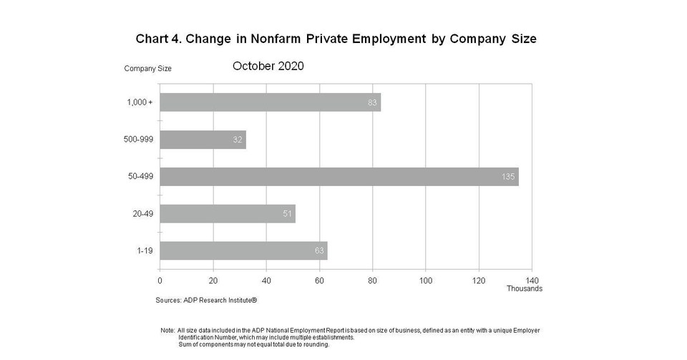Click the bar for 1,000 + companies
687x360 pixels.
270,102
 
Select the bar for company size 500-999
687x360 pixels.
203,140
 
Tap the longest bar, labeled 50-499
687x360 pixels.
338,177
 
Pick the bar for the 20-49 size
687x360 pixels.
227,214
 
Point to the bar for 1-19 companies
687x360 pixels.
243,250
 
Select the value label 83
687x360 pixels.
372,102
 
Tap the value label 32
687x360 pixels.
238,140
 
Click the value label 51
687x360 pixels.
287,214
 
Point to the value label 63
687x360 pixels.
319,250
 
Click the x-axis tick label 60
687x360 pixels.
319,280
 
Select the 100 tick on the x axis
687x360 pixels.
426,280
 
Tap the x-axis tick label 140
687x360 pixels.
532,280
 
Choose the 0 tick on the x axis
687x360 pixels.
160,280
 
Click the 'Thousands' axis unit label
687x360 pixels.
525,288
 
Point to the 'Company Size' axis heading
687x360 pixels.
147,69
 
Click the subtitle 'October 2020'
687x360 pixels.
268,66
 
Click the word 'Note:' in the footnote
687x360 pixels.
168,331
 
